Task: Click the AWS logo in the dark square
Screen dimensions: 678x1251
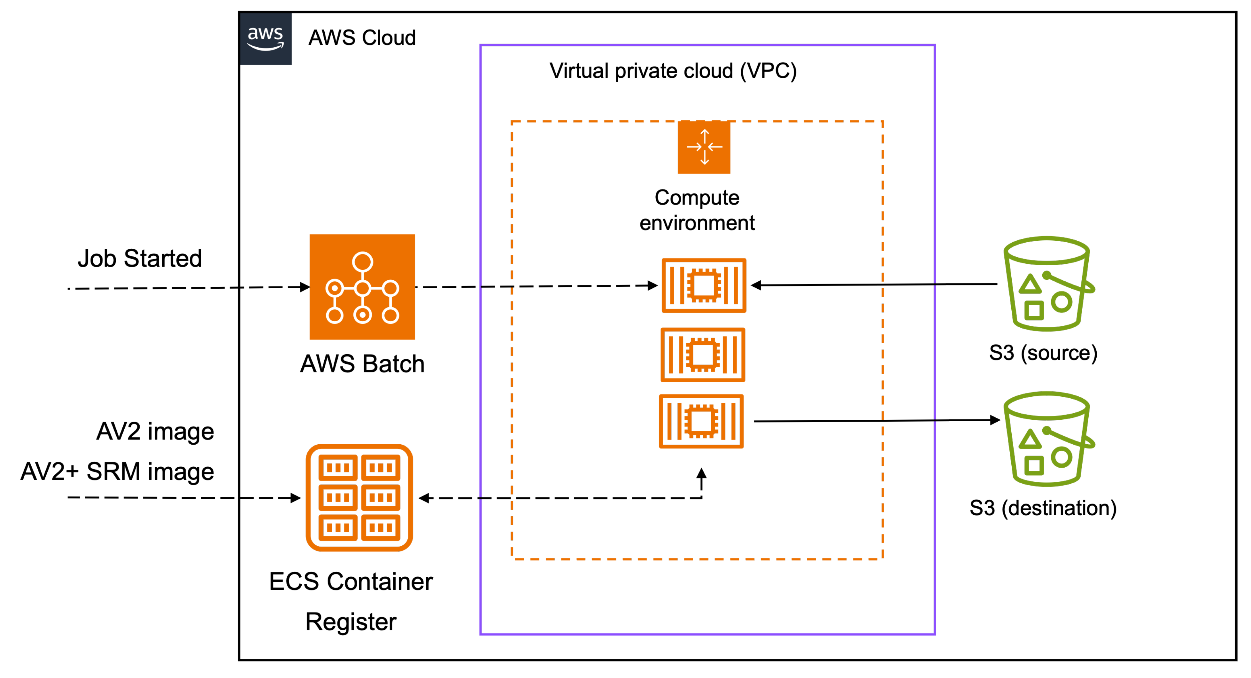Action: (265, 38)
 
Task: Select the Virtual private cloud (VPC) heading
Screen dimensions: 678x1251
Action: (673, 71)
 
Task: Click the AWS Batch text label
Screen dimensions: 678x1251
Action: (362, 364)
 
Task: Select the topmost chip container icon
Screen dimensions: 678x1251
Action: (704, 285)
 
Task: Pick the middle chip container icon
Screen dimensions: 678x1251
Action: (703, 355)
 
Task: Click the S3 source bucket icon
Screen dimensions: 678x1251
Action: (1048, 284)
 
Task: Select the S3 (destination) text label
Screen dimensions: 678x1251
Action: (1043, 508)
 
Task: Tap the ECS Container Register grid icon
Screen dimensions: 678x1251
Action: (359, 497)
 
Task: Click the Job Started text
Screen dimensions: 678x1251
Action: (140, 258)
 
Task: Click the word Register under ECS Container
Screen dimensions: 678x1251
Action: (351, 622)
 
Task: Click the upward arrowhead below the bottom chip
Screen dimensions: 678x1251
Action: (701, 473)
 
